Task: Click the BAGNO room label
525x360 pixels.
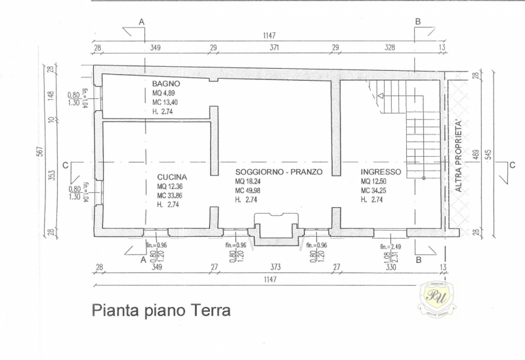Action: pos(166,85)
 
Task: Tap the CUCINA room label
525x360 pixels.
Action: pos(172,177)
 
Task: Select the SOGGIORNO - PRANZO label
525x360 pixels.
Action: pos(279,172)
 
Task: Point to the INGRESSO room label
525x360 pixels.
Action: pos(381,172)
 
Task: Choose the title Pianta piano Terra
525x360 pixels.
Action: pos(161,310)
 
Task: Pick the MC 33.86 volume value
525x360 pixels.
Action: pos(171,195)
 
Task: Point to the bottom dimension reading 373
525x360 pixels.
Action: pos(275,268)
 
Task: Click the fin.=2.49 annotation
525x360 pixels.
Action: pos(392,246)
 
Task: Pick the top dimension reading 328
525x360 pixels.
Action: pos(389,48)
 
